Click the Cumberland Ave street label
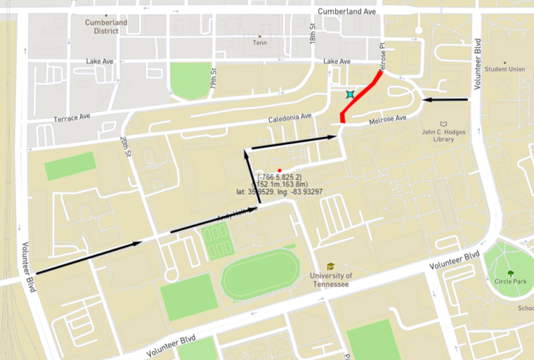click(x=346, y=12)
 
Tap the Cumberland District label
click(x=106, y=26)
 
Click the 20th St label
click(x=125, y=147)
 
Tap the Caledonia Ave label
click(x=290, y=119)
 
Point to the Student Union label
click(x=505, y=69)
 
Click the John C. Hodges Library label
click(x=444, y=135)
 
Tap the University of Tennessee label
click(x=330, y=280)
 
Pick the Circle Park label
click(x=511, y=282)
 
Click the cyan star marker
click(x=351, y=94)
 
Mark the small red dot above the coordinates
click(x=279, y=170)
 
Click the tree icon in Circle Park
click(x=511, y=272)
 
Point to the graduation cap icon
click(x=331, y=266)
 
